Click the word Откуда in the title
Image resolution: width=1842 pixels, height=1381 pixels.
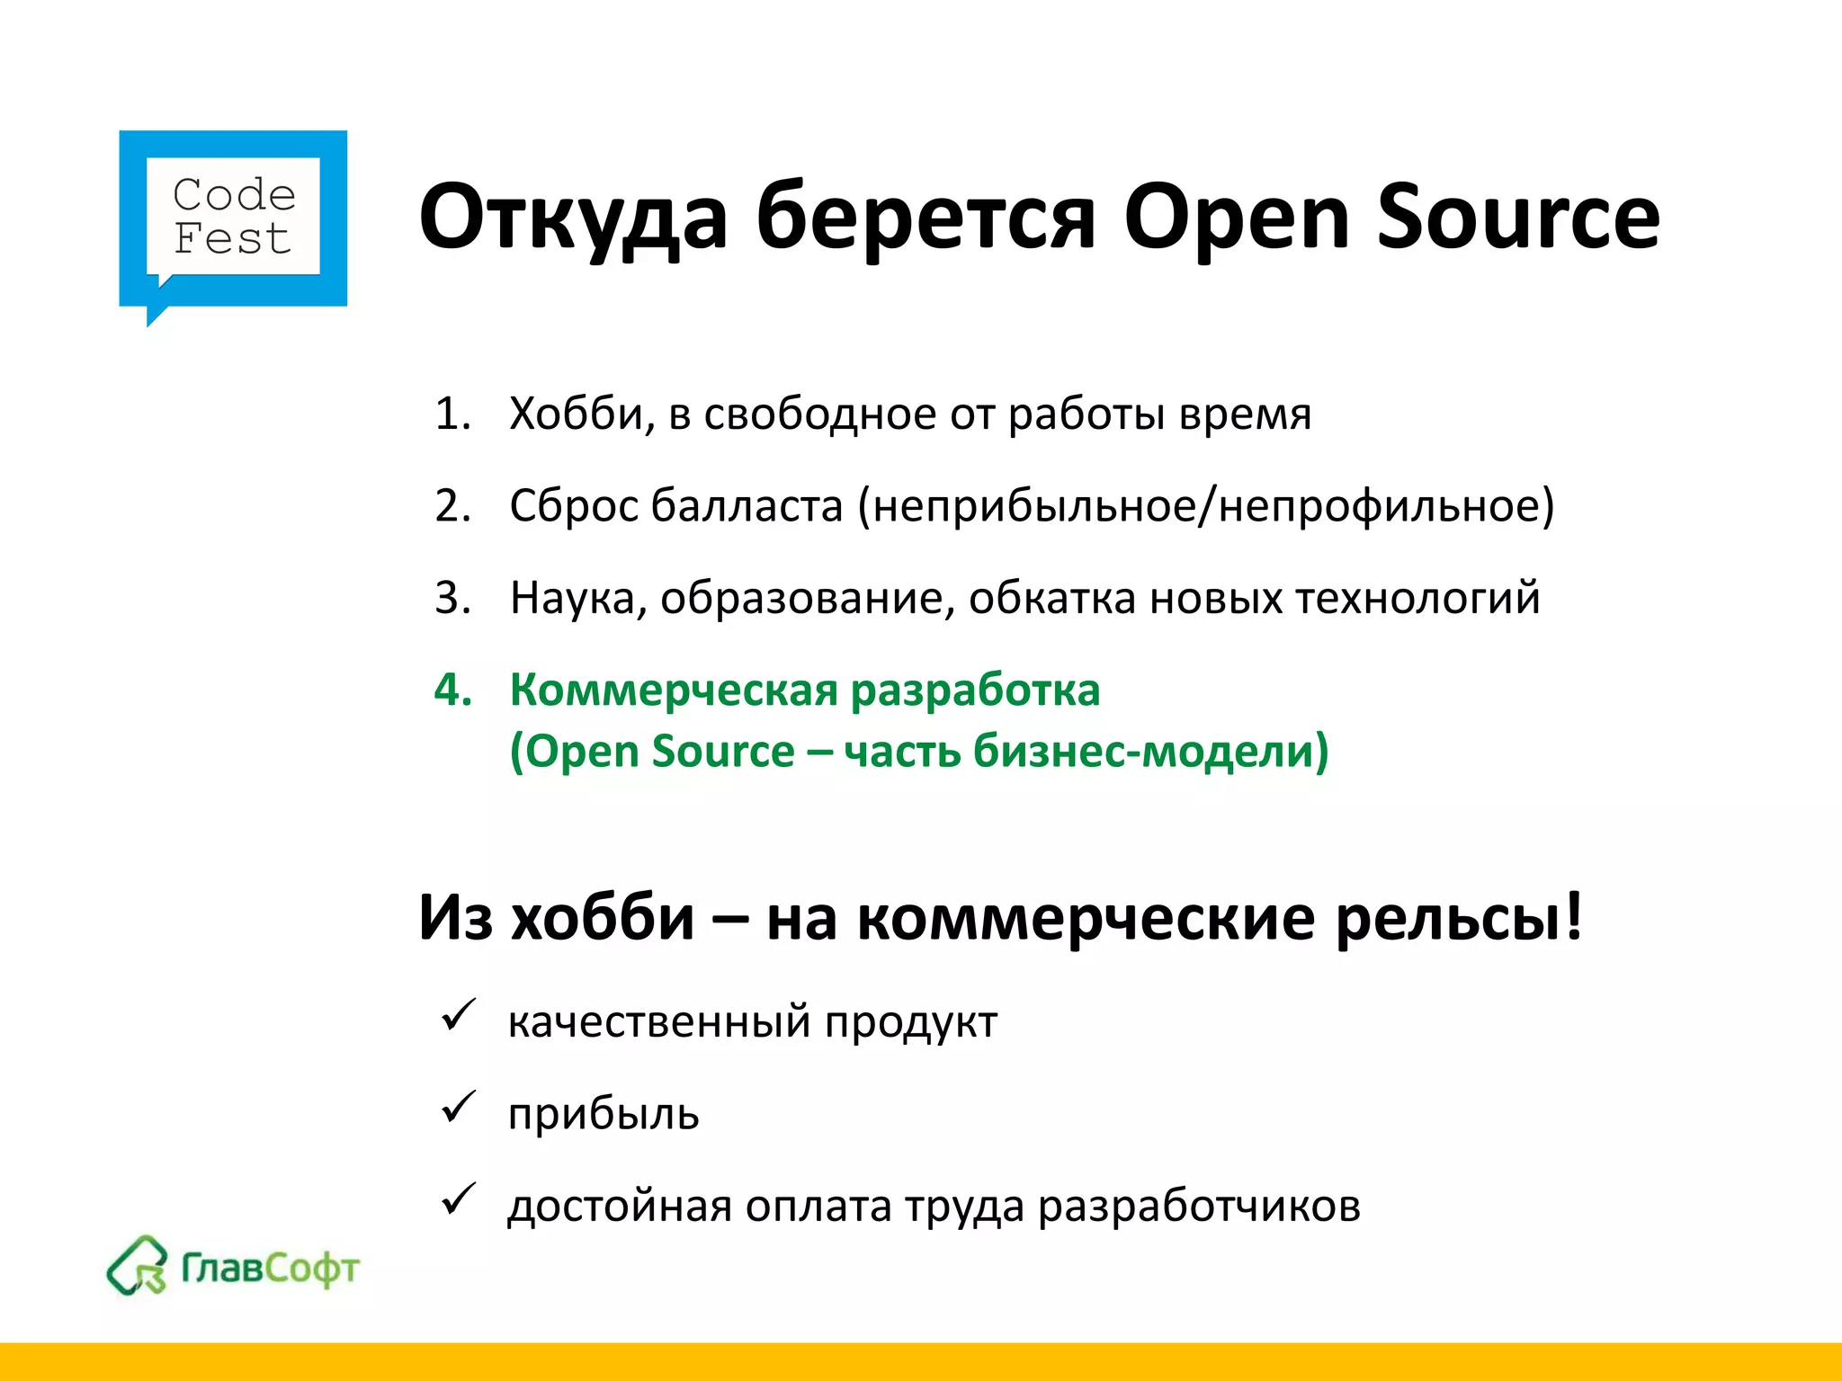point(573,218)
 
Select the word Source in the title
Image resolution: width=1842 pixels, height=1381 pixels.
point(1517,218)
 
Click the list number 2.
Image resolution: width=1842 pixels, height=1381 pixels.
point(452,506)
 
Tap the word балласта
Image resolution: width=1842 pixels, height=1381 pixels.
point(747,506)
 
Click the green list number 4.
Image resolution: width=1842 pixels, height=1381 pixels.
point(452,690)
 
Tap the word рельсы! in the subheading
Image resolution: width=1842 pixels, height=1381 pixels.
point(1458,919)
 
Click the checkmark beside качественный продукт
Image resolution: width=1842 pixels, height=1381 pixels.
point(458,1017)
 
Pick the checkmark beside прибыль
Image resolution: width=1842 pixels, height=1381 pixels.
point(458,1109)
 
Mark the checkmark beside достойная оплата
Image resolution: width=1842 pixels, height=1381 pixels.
point(458,1200)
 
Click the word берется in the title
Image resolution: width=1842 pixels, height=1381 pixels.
point(925,218)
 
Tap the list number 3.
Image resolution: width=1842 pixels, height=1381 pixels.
point(452,599)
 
